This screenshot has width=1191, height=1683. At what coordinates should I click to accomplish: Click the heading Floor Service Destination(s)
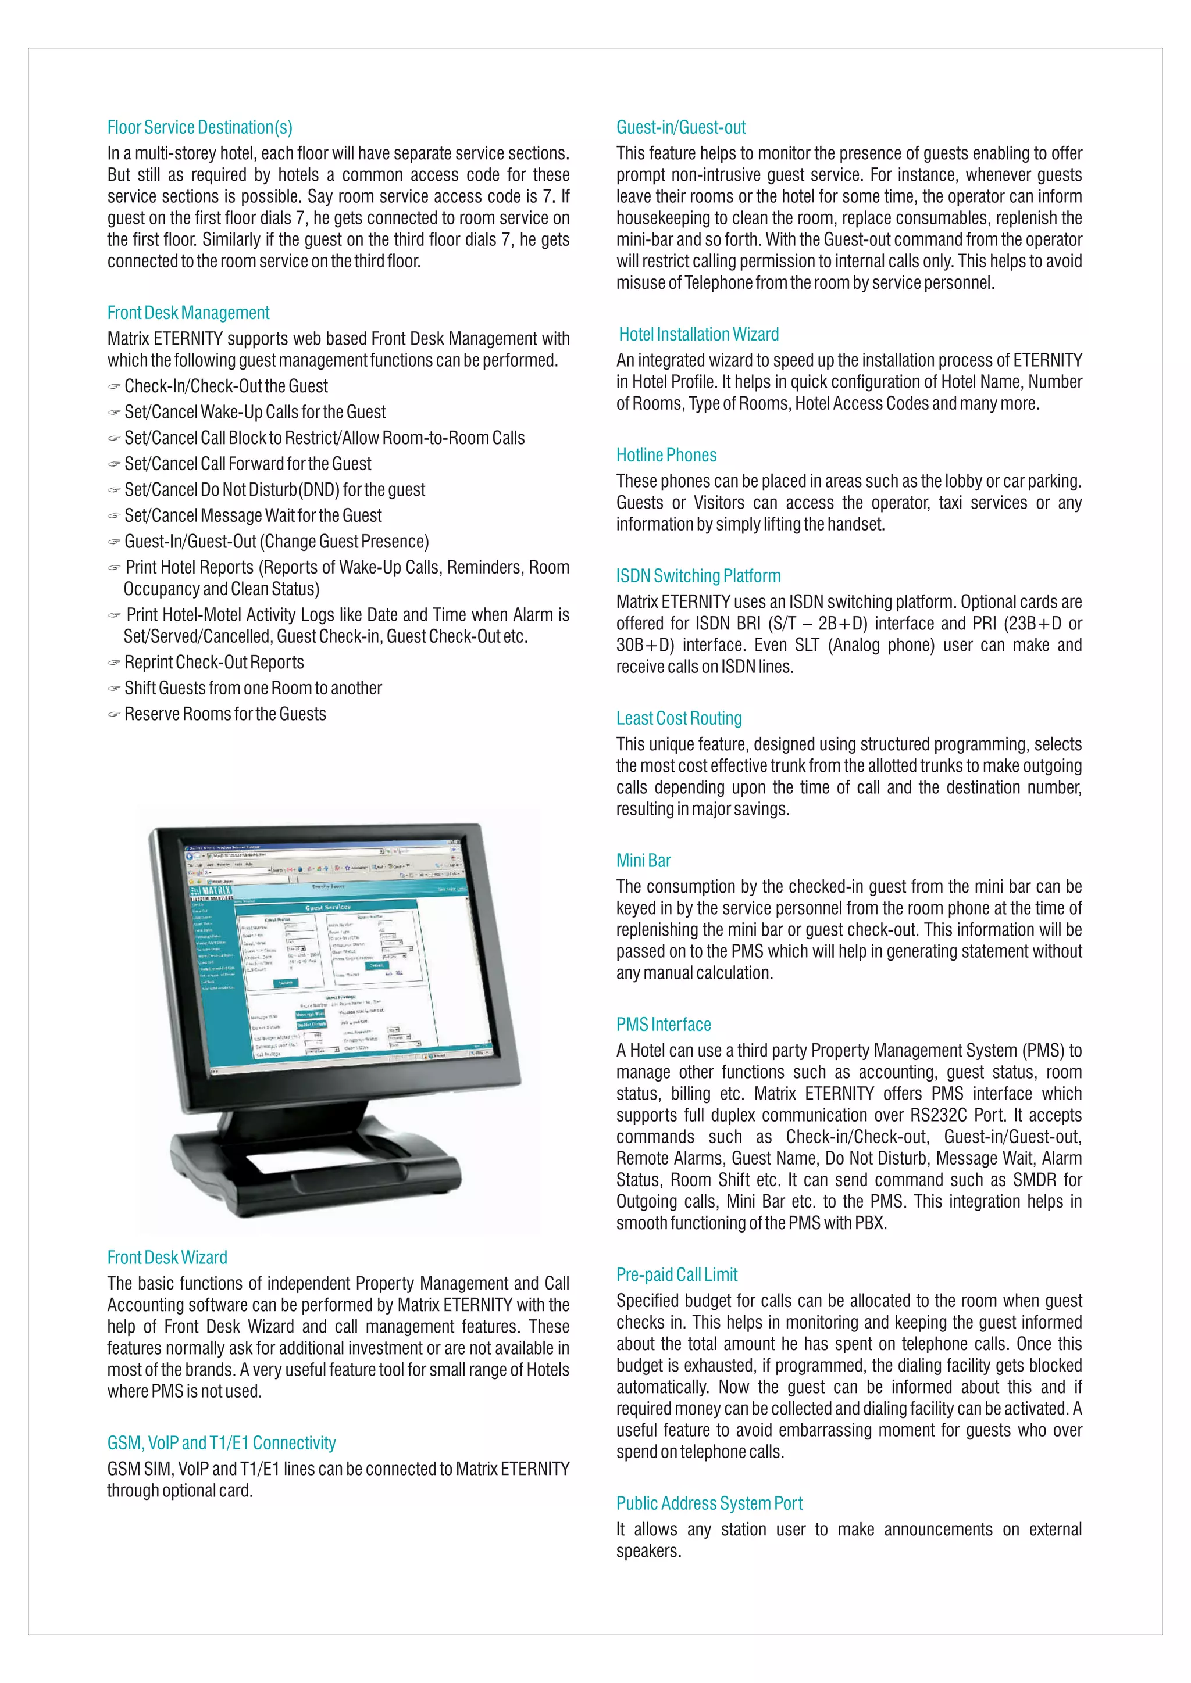(x=199, y=127)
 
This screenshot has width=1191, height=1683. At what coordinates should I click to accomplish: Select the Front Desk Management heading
(x=188, y=313)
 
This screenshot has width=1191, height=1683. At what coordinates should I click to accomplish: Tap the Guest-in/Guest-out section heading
(x=680, y=127)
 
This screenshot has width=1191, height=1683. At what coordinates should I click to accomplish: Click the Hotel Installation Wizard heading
(x=698, y=335)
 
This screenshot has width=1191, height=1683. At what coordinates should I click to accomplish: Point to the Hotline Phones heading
(x=666, y=455)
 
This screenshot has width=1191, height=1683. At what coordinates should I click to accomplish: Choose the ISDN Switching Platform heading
(x=698, y=576)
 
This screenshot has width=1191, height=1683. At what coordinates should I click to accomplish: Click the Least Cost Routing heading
(x=679, y=718)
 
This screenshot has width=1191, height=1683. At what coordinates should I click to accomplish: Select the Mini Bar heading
(x=643, y=861)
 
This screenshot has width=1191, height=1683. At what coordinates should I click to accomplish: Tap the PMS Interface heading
(x=663, y=1025)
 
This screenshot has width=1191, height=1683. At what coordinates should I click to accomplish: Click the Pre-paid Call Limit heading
(x=676, y=1274)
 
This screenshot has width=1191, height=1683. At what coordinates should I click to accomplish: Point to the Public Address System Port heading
(x=709, y=1503)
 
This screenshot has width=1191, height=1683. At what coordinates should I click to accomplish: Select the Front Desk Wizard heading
(x=167, y=1258)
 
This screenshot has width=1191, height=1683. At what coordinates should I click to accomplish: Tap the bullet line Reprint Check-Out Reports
(x=213, y=663)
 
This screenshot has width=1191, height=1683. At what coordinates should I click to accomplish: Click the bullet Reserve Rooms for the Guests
(x=224, y=715)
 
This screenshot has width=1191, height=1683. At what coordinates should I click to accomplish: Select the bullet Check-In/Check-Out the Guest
(x=226, y=386)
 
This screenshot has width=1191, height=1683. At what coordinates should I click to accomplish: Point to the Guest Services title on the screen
(x=327, y=908)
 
